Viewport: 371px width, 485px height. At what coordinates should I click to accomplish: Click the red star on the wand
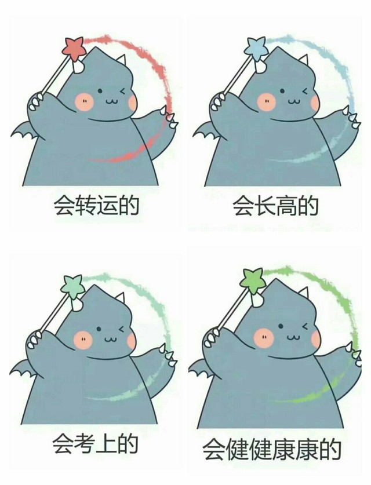tap(73, 48)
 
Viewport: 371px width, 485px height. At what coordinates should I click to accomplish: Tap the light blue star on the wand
tap(255, 48)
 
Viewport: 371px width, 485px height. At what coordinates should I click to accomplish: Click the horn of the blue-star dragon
tap(304, 61)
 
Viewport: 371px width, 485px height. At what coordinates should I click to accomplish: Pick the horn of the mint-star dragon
tap(121, 298)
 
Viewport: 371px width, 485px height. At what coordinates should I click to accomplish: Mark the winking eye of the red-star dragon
tap(123, 91)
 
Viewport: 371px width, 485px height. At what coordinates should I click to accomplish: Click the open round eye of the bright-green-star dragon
tap(281, 326)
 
